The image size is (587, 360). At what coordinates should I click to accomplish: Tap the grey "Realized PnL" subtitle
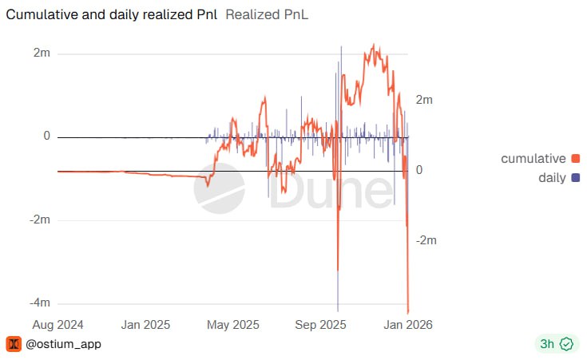[268, 14]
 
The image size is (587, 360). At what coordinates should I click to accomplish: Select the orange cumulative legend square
[575, 158]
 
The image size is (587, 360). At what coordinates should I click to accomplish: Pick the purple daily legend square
[575, 177]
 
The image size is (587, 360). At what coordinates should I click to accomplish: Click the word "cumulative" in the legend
[533, 158]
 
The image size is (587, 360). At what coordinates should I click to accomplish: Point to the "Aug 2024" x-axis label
[58, 325]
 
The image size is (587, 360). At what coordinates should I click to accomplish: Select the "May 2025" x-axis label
[233, 325]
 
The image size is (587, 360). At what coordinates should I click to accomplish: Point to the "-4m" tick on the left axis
[39, 303]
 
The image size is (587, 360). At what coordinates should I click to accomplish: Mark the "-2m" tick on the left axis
[39, 220]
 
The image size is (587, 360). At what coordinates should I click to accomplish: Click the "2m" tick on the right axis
[424, 100]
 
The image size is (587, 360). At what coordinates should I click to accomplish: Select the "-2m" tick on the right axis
[426, 240]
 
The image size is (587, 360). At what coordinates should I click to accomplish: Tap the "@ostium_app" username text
[64, 344]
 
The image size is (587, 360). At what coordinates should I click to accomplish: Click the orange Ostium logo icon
[14, 344]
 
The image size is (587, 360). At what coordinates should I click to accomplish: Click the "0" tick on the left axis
[46, 136]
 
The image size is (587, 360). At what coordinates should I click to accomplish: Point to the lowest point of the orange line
[408, 312]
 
